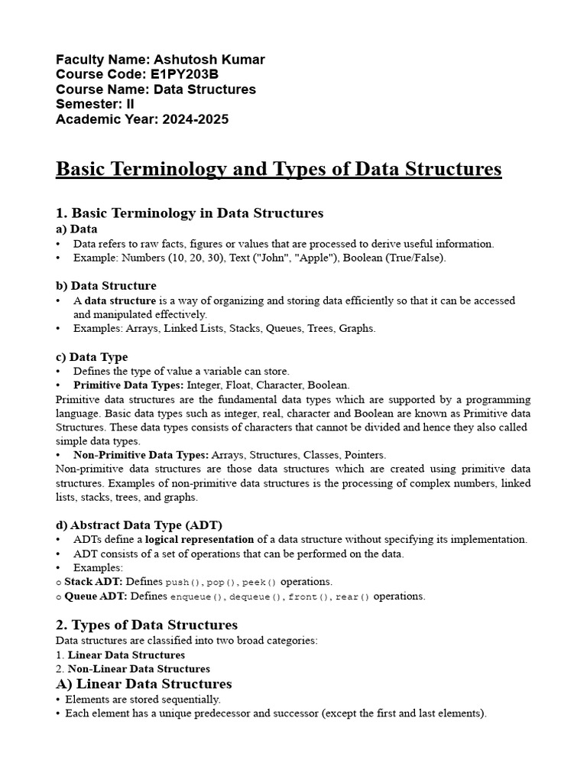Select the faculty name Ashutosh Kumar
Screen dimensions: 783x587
pyautogui.click(x=209, y=60)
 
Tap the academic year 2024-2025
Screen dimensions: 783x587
pyautogui.click(x=195, y=119)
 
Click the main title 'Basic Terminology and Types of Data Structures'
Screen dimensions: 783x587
pyautogui.click(x=278, y=169)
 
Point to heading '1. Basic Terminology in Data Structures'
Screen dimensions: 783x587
pyautogui.click(x=190, y=213)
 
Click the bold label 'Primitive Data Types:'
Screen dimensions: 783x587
pyautogui.click(x=128, y=385)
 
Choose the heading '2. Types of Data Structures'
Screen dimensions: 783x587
pyautogui.click(x=147, y=625)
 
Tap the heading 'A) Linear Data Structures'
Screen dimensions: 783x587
pyautogui.click(x=144, y=684)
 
